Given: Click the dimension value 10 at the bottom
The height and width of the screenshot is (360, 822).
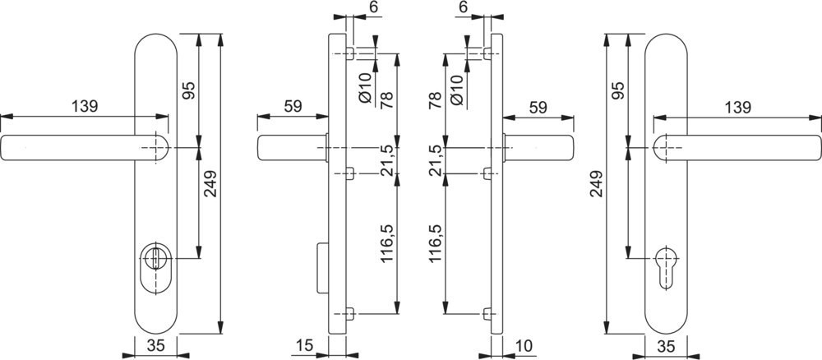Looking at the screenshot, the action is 524,345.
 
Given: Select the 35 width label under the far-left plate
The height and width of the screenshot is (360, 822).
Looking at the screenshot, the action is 155,345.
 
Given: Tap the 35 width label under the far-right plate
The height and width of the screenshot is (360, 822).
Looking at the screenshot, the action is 666,345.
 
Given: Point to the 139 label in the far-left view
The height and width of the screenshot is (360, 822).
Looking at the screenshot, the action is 85,106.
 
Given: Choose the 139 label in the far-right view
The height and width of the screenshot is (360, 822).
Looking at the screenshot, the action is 737,108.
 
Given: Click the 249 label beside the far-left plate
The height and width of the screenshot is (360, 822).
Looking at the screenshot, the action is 210,184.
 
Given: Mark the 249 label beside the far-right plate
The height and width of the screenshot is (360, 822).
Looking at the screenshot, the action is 597,184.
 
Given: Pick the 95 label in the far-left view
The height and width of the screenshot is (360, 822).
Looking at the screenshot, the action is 189,90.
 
